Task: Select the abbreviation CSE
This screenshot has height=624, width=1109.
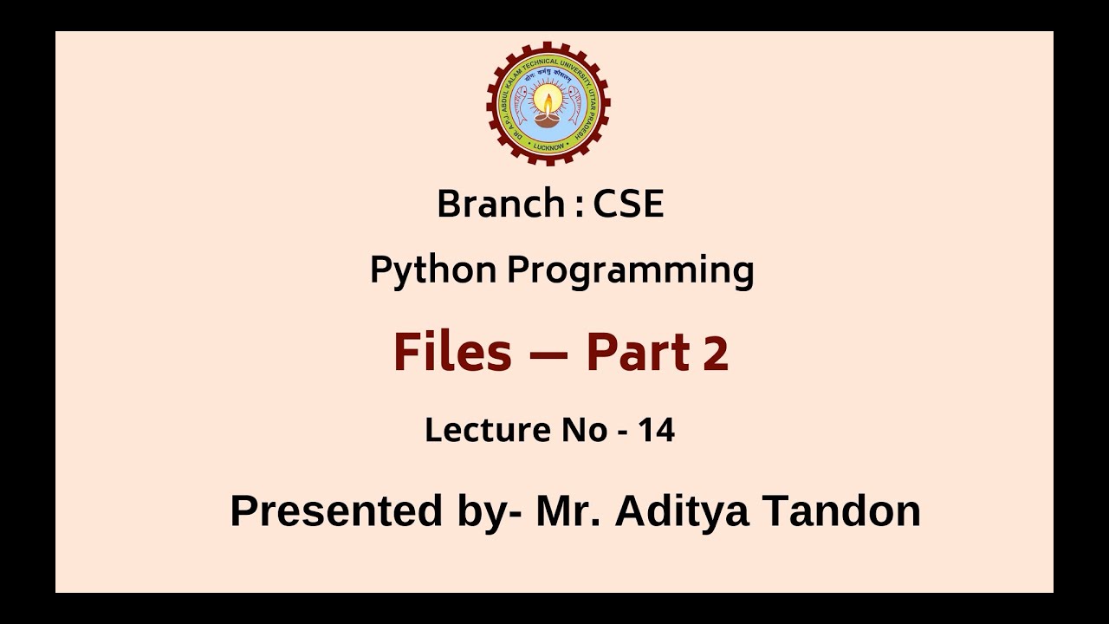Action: (628, 205)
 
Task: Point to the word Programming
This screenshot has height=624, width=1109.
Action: (630, 270)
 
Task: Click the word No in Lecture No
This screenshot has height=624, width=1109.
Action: (585, 430)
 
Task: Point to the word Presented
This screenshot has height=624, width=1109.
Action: (336, 510)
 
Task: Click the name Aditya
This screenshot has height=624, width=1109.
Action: (682, 510)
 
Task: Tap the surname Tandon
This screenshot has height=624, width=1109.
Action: (841, 510)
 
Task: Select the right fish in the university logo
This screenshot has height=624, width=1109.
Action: (574, 106)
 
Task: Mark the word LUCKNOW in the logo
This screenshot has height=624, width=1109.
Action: (548, 147)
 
